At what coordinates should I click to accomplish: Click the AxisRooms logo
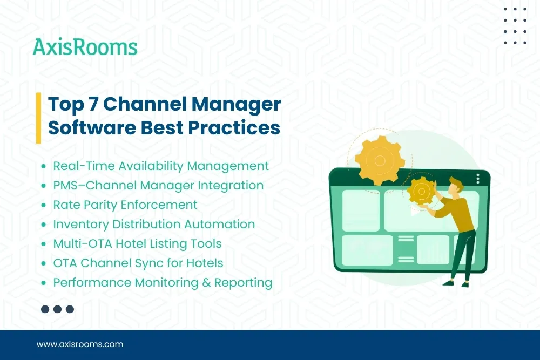pyautogui.click(x=85, y=47)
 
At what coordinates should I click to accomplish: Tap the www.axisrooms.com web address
pyautogui.click(x=80, y=344)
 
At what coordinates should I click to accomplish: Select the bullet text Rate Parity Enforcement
pyautogui.click(x=125, y=205)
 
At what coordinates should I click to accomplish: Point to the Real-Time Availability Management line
pyautogui.click(x=161, y=166)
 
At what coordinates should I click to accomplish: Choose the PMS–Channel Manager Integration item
pyautogui.click(x=158, y=186)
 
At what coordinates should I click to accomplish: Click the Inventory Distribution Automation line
pyautogui.click(x=154, y=225)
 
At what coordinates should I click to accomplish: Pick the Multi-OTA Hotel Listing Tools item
pyautogui.click(x=137, y=244)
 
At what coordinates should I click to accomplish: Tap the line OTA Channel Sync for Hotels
pyautogui.click(x=138, y=263)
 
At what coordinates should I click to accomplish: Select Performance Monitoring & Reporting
pyautogui.click(x=162, y=283)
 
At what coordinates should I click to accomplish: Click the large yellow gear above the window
pyautogui.click(x=380, y=160)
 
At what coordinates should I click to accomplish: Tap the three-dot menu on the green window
pyautogui.click(x=478, y=179)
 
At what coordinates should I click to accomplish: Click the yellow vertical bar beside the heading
pyautogui.click(x=39, y=118)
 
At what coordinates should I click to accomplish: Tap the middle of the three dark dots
pyautogui.click(x=58, y=309)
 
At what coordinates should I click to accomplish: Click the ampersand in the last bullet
pyautogui.click(x=207, y=283)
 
